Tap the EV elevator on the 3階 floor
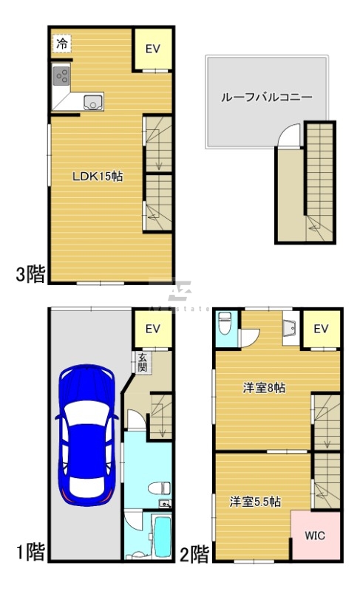[153, 49]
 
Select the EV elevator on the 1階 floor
[153, 329]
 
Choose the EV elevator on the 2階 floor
[322, 329]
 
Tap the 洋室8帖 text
[265, 387]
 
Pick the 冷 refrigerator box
[62, 44]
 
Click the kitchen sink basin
[93, 103]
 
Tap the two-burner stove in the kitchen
[61, 75]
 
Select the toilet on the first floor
[157, 488]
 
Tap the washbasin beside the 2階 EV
[290, 326]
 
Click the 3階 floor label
[31, 275]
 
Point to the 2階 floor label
[195, 553]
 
